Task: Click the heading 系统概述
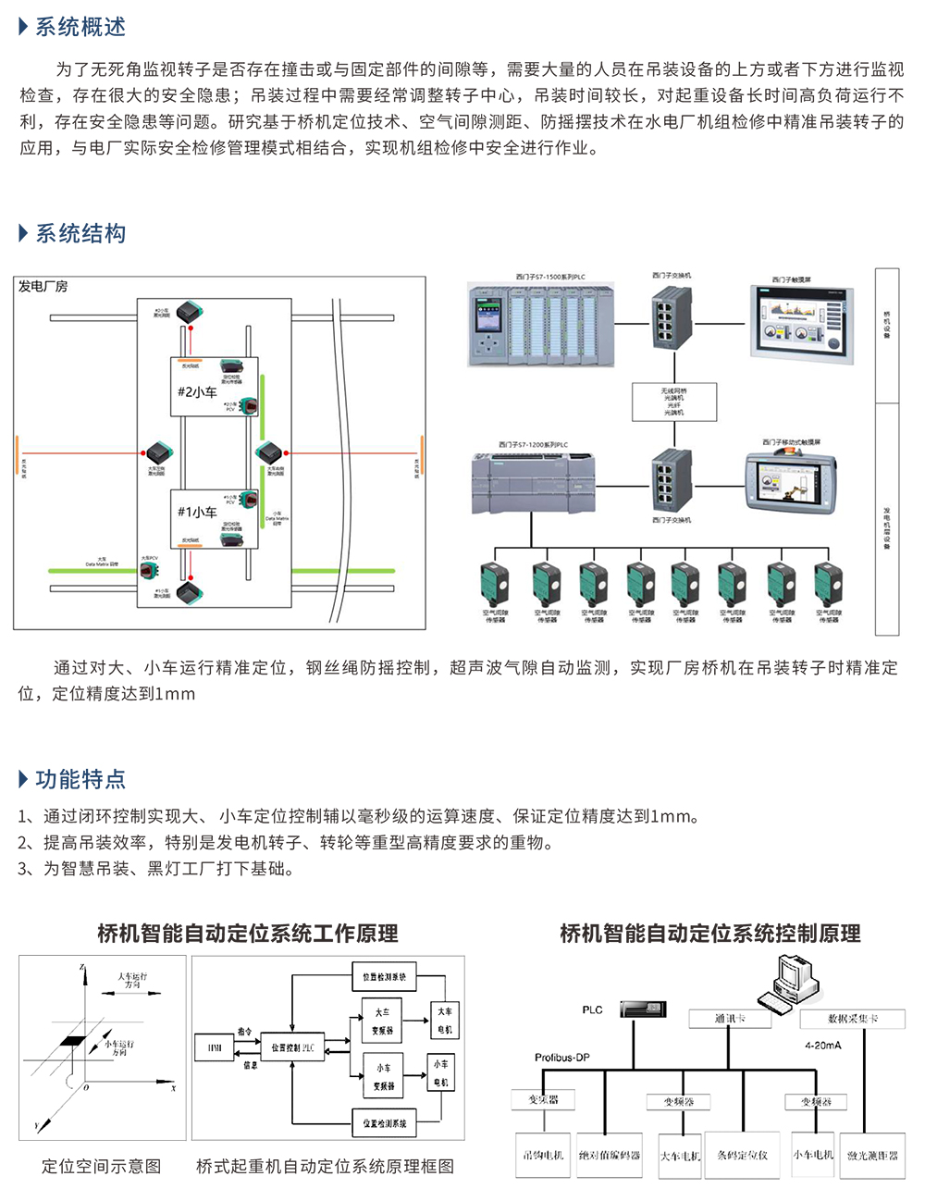[x=80, y=27]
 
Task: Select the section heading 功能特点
[x=80, y=779]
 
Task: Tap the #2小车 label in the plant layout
[x=196, y=391]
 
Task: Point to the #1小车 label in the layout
[x=196, y=512]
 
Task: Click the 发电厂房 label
[x=43, y=287]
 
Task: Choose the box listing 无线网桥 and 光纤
[x=673, y=402]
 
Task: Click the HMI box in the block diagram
[x=215, y=1047]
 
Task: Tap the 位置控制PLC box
[x=292, y=1047]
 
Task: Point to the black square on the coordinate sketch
[x=71, y=1041]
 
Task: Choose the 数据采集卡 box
[x=852, y=1019]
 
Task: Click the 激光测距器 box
[x=872, y=1156]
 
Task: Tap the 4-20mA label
[x=822, y=1046]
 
